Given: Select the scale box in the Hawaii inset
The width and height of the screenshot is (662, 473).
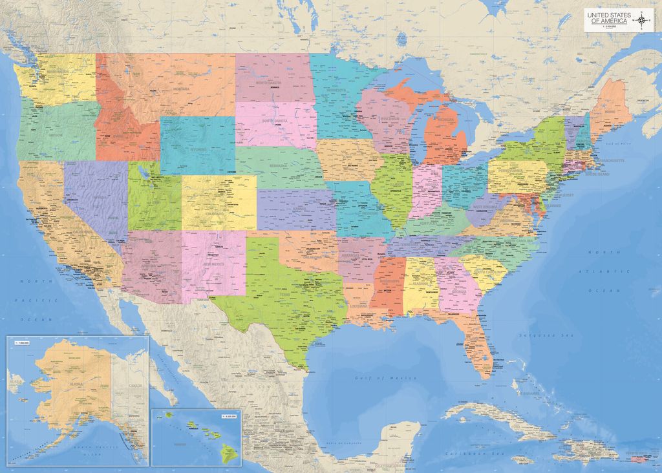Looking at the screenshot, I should pos(229,415).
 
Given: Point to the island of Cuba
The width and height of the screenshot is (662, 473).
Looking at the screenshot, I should pos(511,420).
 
